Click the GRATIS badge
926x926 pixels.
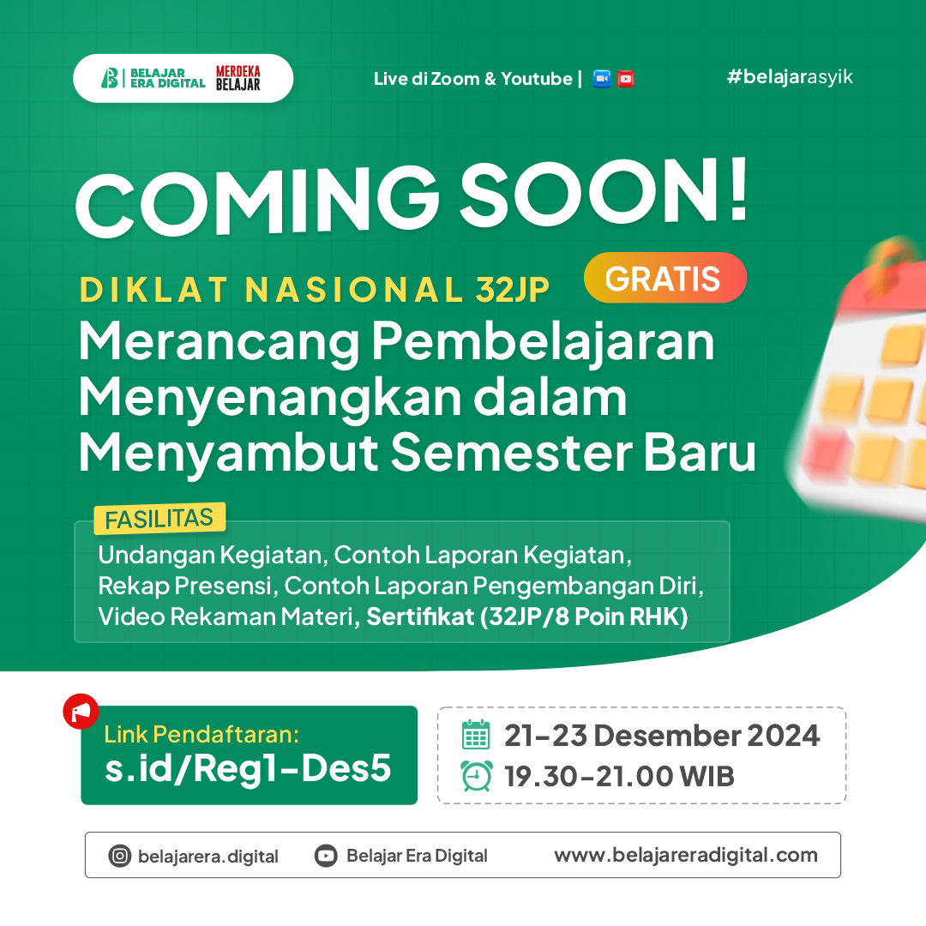[x=664, y=278]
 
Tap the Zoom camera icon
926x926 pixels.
[x=602, y=79]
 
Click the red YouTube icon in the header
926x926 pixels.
[x=626, y=79]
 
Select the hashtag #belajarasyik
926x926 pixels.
[x=789, y=77]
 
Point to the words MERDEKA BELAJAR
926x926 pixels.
[x=238, y=78]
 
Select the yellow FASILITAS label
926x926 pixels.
[x=159, y=519]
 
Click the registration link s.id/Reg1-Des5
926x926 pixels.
[x=248, y=768]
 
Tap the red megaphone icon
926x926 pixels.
[x=81, y=712]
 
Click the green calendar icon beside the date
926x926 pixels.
[x=476, y=735]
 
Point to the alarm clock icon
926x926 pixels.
[x=476, y=776]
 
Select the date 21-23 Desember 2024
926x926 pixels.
[x=662, y=735]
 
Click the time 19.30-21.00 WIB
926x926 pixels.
[x=619, y=777]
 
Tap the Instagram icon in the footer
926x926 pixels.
[x=119, y=856]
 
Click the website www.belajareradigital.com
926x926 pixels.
[x=686, y=855]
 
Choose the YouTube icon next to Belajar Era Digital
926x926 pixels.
[x=326, y=856]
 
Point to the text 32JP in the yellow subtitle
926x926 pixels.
[x=512, y=290]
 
